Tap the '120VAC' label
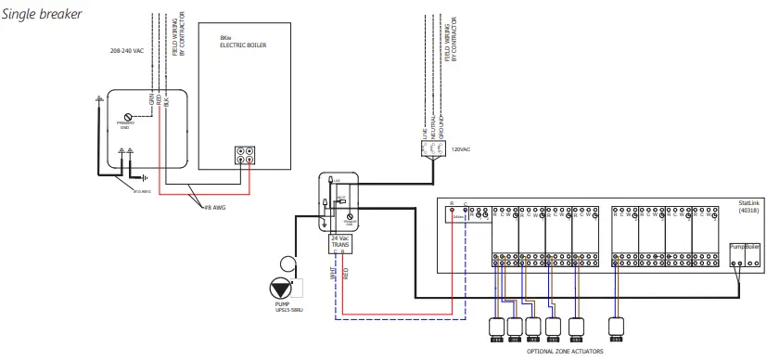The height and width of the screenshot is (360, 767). pyautogui.click(x=461, y=148)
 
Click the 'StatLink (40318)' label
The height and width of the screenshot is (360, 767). pyautogui.click(x=748, y=208)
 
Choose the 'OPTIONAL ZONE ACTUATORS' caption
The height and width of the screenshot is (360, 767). pyautogui.click(x=565, y=353)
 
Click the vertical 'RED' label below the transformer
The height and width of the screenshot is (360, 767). pyautogui.click(x=345, y=275)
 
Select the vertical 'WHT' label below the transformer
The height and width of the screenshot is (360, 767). pyautogui.click(x=332, y=275)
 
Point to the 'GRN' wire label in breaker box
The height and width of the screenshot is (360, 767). pyautogui.click(x=149, y=97)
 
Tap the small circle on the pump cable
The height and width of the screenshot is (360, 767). pyautogui.click(x=288, y=262)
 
